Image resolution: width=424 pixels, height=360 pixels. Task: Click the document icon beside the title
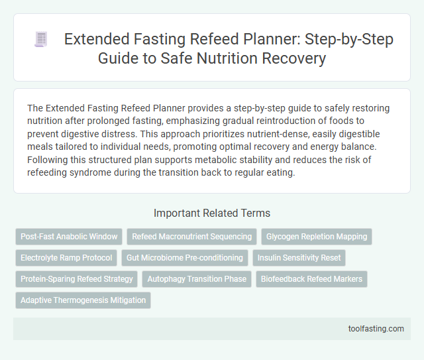tap(41, 40)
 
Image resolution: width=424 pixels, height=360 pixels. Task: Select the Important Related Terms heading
tap(211, 213)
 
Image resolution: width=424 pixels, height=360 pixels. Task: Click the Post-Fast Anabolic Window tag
tap(70, 236)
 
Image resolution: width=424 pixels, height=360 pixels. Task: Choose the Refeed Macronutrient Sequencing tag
tap(192, 236)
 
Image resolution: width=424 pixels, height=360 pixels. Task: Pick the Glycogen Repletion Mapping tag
tap(317, 236)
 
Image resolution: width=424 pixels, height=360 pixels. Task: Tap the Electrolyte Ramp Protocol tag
tap(66, 258)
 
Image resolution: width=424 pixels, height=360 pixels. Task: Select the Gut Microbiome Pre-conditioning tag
tap(185, 258)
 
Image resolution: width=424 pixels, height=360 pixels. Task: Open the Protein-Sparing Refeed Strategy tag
tap(77, 279)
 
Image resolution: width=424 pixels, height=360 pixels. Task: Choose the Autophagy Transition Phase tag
tap(197, 279)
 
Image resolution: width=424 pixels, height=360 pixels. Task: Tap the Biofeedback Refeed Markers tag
tap(311, 279)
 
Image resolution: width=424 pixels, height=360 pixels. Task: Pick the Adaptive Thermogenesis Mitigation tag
tap(83, 300)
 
